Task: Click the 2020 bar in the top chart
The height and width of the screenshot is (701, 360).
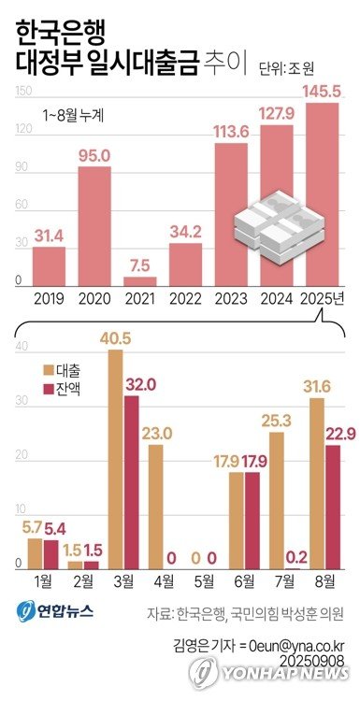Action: click(94, 224)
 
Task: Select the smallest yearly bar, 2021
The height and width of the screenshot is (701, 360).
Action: click(139, 280)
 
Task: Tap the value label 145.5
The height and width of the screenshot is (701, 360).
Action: click(322, 93)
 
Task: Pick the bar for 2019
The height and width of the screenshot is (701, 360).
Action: click(49, 265)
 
